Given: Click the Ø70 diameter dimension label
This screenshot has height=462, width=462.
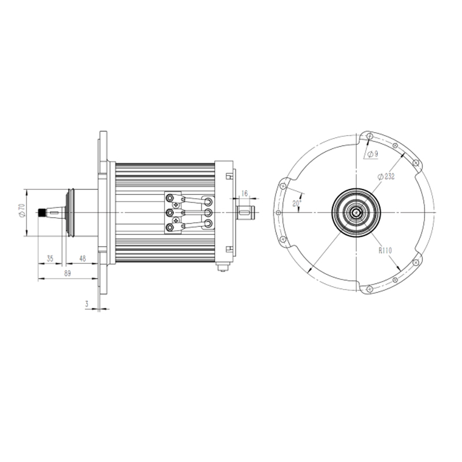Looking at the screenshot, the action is point(21,210).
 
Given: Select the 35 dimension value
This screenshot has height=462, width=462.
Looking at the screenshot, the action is point(50,258).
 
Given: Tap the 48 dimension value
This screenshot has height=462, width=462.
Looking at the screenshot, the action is point(83,258).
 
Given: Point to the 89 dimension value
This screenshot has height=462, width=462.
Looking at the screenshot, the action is point(68,273).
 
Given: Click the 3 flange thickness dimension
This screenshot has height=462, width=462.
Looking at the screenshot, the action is point(87,304).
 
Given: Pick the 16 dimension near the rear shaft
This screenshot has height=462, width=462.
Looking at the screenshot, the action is point(244,193).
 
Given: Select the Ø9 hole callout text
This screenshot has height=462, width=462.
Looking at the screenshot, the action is point(372,154).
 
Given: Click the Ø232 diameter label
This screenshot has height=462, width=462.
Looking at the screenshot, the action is point(386,177).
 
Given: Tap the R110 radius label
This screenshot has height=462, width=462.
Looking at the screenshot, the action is point(385,251).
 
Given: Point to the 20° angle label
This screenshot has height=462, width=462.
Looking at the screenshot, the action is point(297,203).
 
